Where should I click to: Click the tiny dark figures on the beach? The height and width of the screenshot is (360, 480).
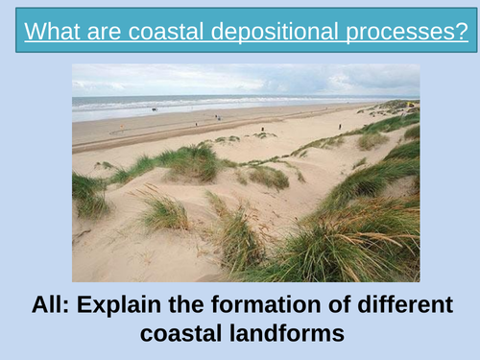point(218,117)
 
